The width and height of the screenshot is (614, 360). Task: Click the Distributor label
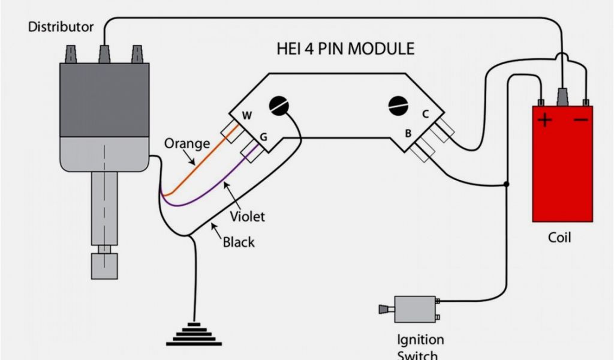[x=61, y=27]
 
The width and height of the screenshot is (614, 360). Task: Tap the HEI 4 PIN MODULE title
[x=345, y=49]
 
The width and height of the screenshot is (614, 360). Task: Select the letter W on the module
[x=246, y=115]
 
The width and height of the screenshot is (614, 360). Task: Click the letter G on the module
[x=263, y=137]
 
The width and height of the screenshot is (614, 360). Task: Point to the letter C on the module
[x=425, y=113]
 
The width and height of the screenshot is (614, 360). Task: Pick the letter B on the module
[x=408, y=133]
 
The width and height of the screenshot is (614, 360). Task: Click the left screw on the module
[x=278, y=105]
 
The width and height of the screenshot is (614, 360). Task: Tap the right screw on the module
[x=398, y=105]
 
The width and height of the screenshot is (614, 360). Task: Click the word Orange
[x=187, y=143]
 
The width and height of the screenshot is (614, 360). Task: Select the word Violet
[x=247, y=216]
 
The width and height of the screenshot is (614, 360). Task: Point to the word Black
[x=239, y=242]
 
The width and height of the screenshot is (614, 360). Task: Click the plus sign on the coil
[x=544, y=121]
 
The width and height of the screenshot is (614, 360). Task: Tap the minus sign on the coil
[x=580, y=121]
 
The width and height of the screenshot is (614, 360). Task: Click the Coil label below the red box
[x=559, y=238]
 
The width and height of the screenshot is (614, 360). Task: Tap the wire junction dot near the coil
[x=507, y=184]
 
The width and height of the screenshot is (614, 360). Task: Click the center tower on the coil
[x=563, y=96]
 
